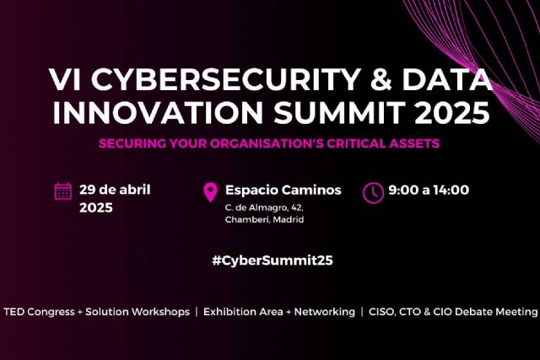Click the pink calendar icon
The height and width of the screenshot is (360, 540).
(63, 191)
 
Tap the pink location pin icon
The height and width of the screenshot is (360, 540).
(211, 193)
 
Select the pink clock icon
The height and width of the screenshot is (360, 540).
(372, 192)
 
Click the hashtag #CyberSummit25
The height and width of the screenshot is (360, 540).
(272, 261)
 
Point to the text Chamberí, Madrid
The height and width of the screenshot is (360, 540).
(264, 219)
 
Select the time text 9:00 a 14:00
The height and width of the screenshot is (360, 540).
(429, 190)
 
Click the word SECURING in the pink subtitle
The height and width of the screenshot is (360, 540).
(132, 143)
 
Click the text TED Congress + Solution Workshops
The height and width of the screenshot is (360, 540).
(97, 312)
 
